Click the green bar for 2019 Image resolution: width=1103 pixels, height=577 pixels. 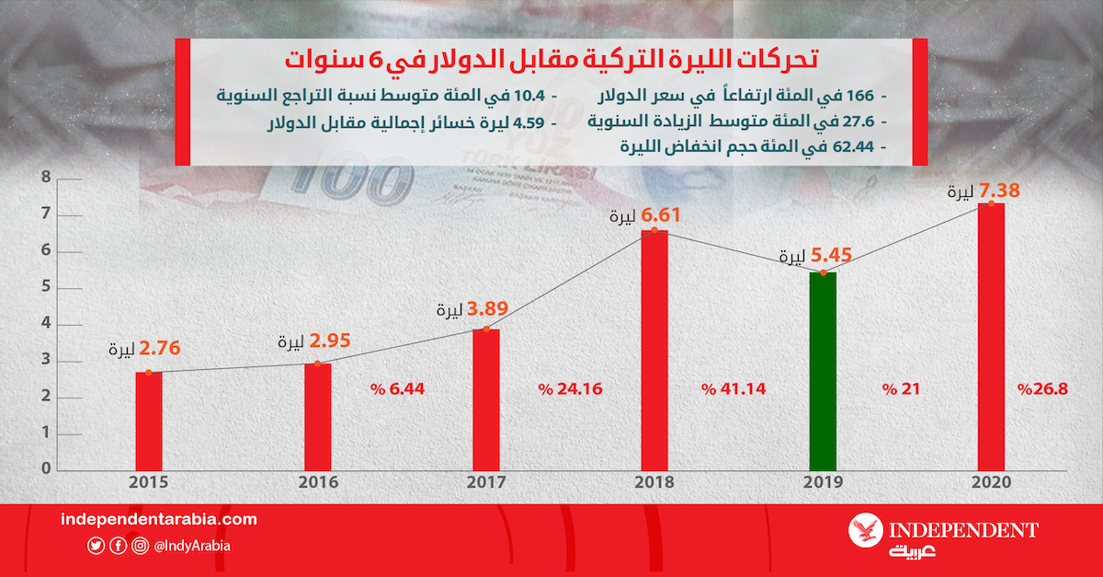[x=823, y=371]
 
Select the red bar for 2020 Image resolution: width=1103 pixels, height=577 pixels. [x=990, y=336]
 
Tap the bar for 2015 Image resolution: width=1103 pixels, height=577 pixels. [x=148, y=421]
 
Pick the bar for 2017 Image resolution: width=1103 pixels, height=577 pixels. [x=485, y=399]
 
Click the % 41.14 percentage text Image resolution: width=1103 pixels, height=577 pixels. [x=733, y=389]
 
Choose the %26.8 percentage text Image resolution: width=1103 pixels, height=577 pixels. [x=1042, y=389]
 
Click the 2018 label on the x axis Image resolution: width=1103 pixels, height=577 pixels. [x=654, y=482]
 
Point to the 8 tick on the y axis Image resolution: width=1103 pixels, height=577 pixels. [x=45, y=179]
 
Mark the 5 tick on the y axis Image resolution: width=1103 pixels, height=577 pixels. [x=45, y=288]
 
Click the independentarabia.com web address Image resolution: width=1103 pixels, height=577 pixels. [x=158, y=520]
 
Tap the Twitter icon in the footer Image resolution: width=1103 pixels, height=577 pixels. [x=96, y=546]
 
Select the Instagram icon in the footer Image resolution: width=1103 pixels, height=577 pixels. [x=140, y=546]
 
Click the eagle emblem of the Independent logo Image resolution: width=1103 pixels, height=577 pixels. [x=864, y=531]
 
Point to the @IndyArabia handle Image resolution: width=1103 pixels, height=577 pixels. [x=192, y=546]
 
